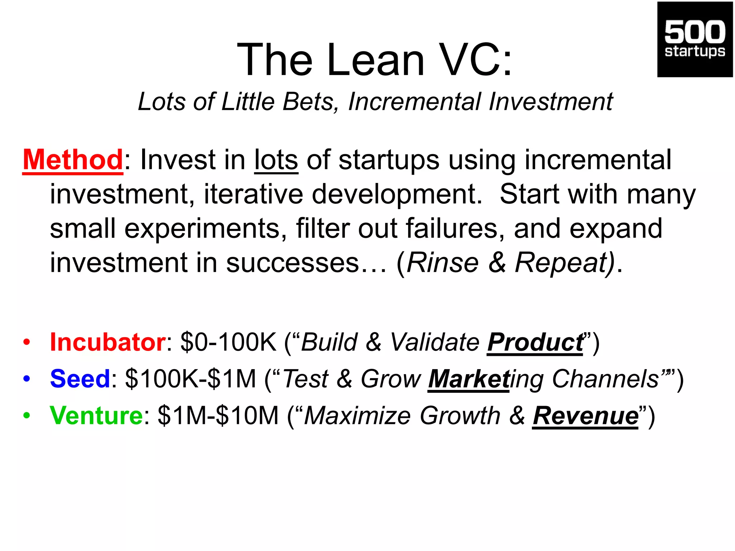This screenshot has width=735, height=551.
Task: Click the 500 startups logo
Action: (x=695, y=39)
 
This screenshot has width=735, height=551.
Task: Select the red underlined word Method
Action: (x=73, y=160)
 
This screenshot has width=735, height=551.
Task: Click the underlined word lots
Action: (x=276, y=160)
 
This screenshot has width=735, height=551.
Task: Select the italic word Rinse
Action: (x=443, y=263)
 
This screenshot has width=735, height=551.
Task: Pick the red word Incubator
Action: (x=108, y=342)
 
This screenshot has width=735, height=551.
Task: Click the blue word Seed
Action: (x=80, y=379)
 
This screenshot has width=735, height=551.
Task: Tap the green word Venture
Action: (x=97, y=416)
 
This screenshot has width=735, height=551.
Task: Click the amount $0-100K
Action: (x=229, y=342)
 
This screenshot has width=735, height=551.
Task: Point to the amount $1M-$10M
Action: (x=218, y=416)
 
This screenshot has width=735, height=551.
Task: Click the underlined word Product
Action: (x=535, y=342)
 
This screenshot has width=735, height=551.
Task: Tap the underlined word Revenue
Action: (x=585, y=416)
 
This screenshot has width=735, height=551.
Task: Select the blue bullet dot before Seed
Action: (x=27, y=379)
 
